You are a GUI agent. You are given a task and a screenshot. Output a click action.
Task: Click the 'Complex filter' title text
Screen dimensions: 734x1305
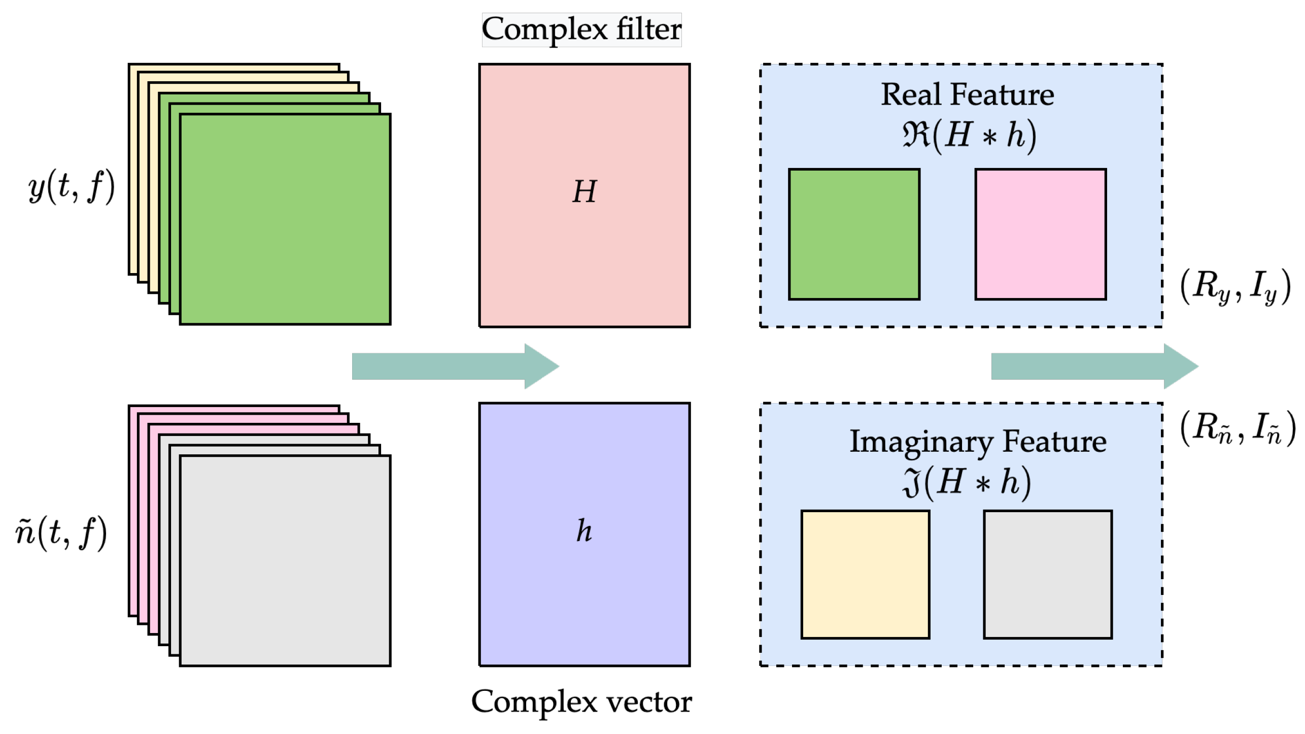581,29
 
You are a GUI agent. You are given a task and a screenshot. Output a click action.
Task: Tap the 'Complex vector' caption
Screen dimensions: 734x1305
581,702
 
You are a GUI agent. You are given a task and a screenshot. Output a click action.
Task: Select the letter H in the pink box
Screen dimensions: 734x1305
584,192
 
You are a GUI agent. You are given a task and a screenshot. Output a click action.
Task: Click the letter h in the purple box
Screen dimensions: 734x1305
584,531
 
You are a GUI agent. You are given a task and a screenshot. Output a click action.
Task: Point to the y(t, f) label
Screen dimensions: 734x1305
72,187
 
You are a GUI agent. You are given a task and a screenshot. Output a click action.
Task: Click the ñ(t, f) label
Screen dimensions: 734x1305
61,532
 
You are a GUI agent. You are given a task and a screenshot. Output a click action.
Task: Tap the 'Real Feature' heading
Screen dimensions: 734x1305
967,95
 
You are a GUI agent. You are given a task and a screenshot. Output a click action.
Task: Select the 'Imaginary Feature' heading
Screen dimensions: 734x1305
977,442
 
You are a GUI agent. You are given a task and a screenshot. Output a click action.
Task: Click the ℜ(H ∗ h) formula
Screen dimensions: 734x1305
968,136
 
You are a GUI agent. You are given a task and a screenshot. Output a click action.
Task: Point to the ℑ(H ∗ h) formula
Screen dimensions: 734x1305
966,482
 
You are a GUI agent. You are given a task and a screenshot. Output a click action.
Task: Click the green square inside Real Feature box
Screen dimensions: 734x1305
854,234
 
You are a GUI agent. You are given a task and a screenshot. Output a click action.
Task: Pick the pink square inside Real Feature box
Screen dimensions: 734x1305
1040,234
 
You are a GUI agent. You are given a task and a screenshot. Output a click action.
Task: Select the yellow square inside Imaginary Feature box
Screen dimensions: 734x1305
865,574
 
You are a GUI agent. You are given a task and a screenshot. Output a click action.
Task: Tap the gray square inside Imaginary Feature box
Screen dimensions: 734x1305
1048,574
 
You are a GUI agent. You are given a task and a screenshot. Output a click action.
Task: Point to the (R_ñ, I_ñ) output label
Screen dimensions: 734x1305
1237,428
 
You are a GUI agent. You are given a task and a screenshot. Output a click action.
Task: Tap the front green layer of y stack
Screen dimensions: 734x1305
285,219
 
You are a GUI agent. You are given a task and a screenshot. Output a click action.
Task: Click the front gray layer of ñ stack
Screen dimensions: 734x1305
285,560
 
